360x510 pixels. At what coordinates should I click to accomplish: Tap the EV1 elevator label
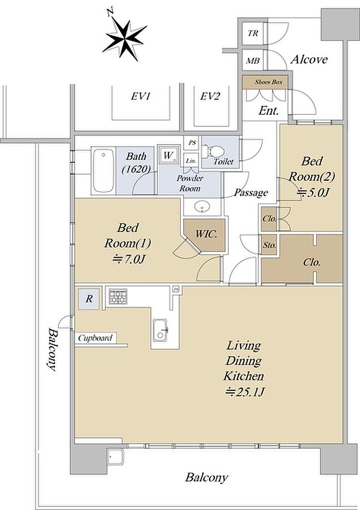141,97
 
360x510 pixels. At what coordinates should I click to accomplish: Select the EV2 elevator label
210,97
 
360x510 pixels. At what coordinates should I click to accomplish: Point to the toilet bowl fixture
213,152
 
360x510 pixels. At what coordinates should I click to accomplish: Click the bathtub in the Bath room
103,171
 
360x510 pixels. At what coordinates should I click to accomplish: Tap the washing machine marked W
169,155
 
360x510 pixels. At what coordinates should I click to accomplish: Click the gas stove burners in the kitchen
118,296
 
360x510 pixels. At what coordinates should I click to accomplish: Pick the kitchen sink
160,330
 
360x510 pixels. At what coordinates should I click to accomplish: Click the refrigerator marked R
88,299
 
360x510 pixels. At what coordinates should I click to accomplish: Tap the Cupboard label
95,338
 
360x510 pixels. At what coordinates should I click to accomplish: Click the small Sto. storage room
269,245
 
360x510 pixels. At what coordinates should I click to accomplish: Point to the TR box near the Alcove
253,33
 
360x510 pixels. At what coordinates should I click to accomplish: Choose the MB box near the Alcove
253,61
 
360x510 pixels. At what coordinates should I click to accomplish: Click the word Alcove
309,60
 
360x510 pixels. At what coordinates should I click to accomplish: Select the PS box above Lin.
192,143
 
